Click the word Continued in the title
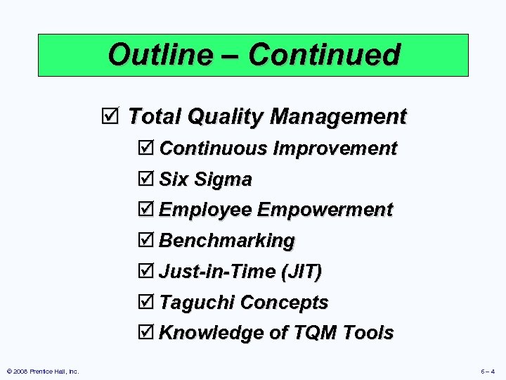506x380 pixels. tap(324, 55)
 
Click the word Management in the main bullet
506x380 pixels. tap(337, 116)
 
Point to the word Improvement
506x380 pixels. tap(335, 148)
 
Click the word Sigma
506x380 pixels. tap(223, 180)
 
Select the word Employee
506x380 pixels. tap(205, 210)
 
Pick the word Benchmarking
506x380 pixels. tap(227, 241)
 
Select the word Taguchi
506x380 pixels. tap(197, 303)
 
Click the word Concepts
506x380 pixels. tap(284, 303)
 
